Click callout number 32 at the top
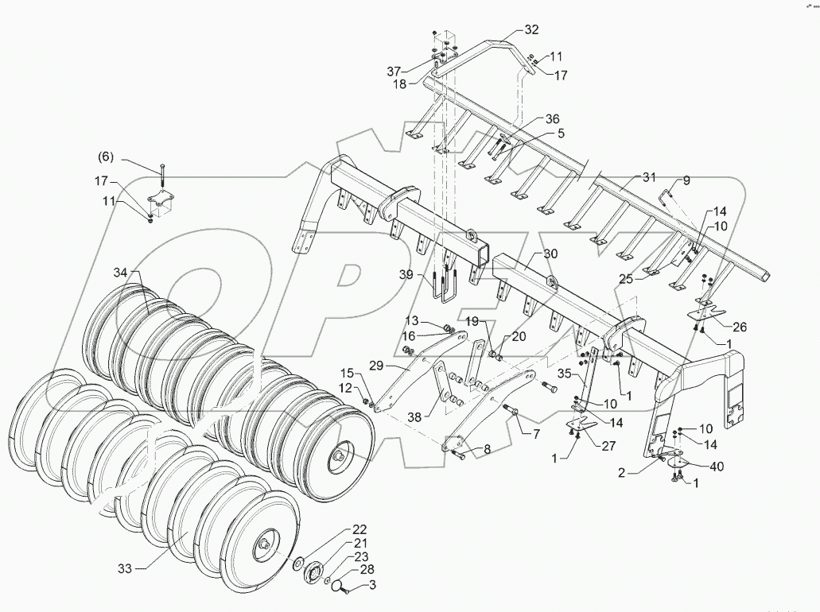pos(531,29)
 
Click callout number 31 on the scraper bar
pos(650,176)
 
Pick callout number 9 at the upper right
pos(686,180)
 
